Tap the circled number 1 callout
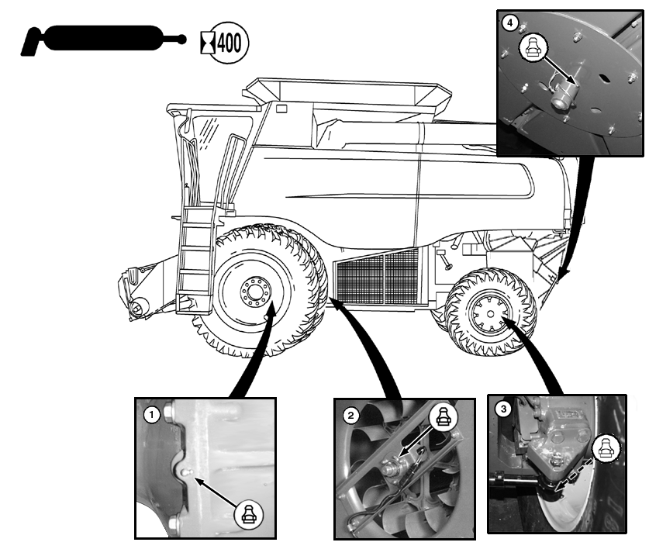pyautogui.click(x=153, y=415)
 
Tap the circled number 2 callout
pyautogui.click(x=351, y=416)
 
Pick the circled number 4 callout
pyautogui.click(x=509, y=23)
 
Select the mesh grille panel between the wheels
pyautogui.click(x=376, y=276)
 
